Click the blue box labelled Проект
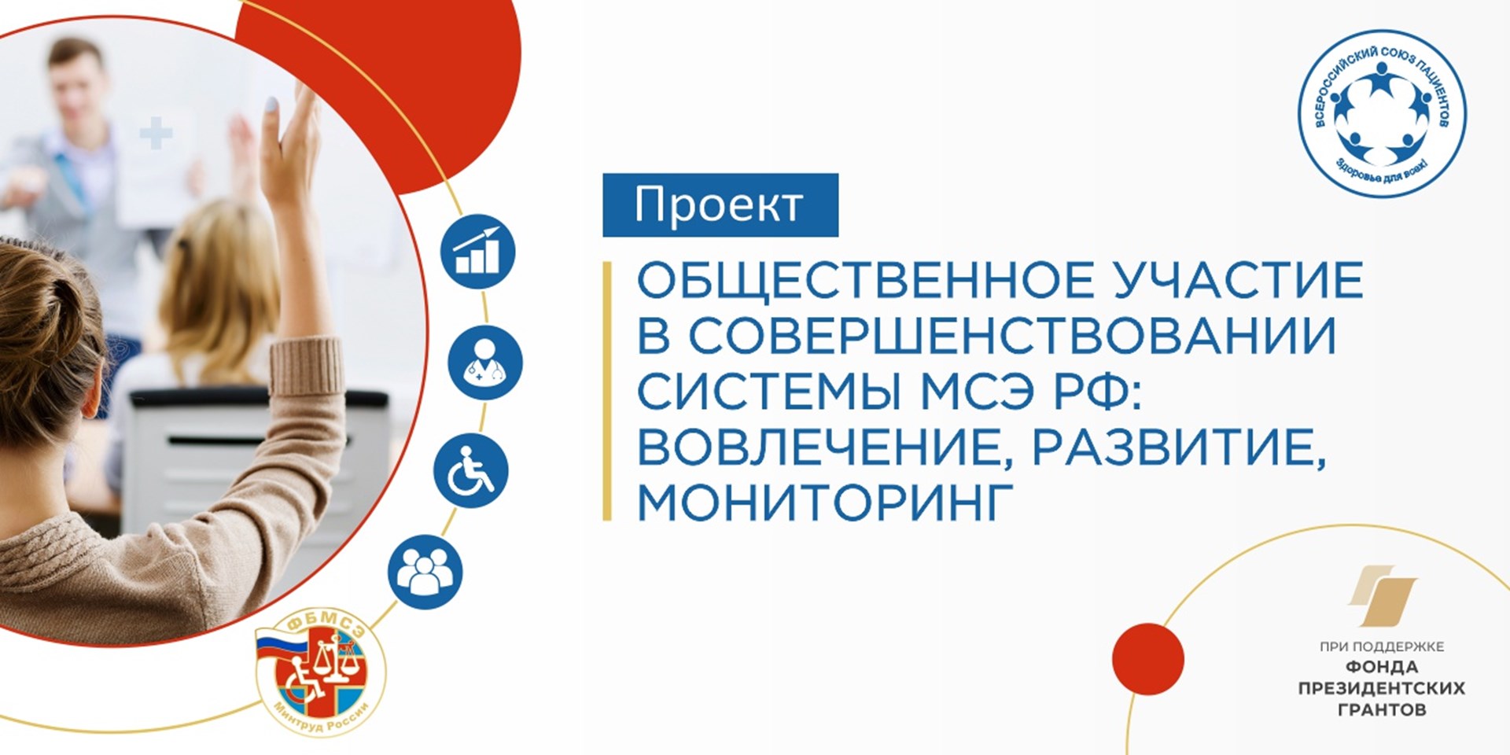click(x=720, y=205)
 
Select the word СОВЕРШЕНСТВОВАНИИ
click(x=1013, y=336)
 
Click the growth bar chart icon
click(x=477, y=252)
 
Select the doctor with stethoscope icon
click(x=485, y=363)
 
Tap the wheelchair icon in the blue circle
click(x=471, y=470)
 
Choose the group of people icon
click(x=425, y=572)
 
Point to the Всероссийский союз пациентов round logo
click(x=1382, y=113)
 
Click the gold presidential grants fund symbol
click(x=1383, y=596)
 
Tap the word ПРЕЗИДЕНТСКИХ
click(x=1382, y=688)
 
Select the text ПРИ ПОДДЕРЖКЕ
click(x=1382, y=646)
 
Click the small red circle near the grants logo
click(x=1148, y=659)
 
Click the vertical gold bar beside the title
click(x=607, y=391)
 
